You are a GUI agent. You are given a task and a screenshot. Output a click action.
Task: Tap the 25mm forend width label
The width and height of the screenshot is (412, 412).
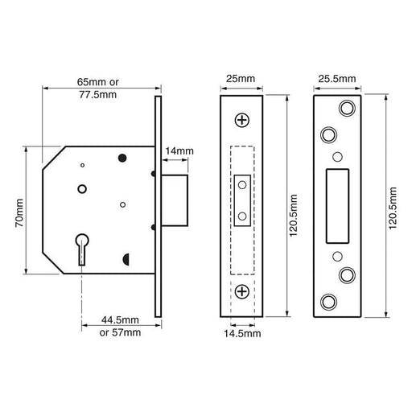point(241,80)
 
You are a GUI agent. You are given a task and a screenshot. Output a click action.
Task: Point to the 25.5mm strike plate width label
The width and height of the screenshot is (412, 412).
point(337,80)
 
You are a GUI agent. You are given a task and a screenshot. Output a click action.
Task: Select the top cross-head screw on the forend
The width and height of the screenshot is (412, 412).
point(242,120)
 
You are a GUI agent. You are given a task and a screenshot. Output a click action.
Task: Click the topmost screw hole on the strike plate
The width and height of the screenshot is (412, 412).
point(347,108)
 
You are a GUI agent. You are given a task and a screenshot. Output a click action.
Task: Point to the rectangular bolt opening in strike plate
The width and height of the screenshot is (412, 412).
point(337,204)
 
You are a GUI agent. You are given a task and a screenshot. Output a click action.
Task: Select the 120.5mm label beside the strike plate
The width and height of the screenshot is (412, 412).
point(392,204)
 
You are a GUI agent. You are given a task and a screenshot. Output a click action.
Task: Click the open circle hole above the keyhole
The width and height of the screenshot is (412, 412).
point(81,189)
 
